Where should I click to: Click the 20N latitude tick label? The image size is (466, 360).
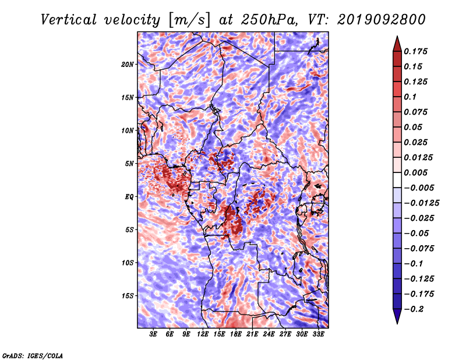click(x=128, y=64)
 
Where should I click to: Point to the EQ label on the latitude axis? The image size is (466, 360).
click(x=129, y=196)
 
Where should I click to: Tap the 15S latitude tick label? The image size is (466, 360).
click(x=128, y=295)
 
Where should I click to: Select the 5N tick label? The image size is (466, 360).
click(x=129, y=164)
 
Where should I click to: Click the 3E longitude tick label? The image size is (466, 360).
click(x=153, y=334)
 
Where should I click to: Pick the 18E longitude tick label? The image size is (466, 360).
click(x=236, y=334)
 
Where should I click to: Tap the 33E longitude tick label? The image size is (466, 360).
click(x=318, y=334)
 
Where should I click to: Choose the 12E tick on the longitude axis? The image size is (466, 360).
click(x=203, y=334)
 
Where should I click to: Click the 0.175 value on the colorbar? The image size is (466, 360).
click(x=415, y=51)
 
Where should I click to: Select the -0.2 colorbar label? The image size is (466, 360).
click(x=414, y=309)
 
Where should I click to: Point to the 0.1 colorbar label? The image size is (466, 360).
click(x=410, y=97)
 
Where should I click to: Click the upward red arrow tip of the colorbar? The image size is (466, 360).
click(x=397, y=37)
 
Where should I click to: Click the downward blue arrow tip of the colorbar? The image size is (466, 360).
click(x=397, y=323)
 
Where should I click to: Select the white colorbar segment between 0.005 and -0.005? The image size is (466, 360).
click(x=397, y=180)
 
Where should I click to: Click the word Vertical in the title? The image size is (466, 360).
click(x=69, y=20)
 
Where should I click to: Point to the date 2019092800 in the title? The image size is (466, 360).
click(x=382, y=20)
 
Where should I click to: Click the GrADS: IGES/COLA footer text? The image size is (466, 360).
click(x=33, y=355)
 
